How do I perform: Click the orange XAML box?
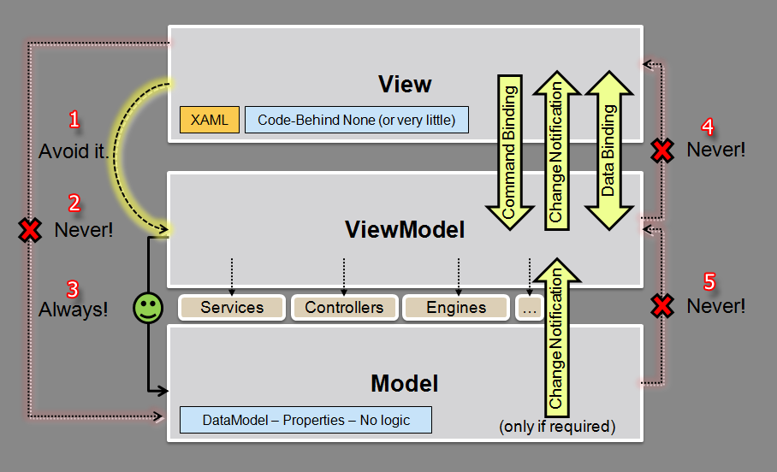tap(210, 120)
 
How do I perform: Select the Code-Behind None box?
tap(357, 120)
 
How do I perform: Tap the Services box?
tap(232, 307)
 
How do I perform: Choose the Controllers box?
tap(344, 307)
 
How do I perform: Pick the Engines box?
tap(455, 307)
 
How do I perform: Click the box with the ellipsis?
tap(528, 307)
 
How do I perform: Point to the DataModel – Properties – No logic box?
tap(305, 420)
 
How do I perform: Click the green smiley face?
tap(148, 308)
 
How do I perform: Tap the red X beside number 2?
tap(31, 230)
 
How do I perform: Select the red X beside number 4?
tap(661, 150)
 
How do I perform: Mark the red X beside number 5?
tap(661, 305)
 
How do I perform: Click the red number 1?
tap(74, 120)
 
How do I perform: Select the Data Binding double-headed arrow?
tap(608, 151)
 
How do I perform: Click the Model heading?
tap(405, 383)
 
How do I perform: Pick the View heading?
tap(405, 84)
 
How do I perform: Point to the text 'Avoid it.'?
tap(74, 151)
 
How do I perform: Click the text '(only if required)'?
tap(557, 426)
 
